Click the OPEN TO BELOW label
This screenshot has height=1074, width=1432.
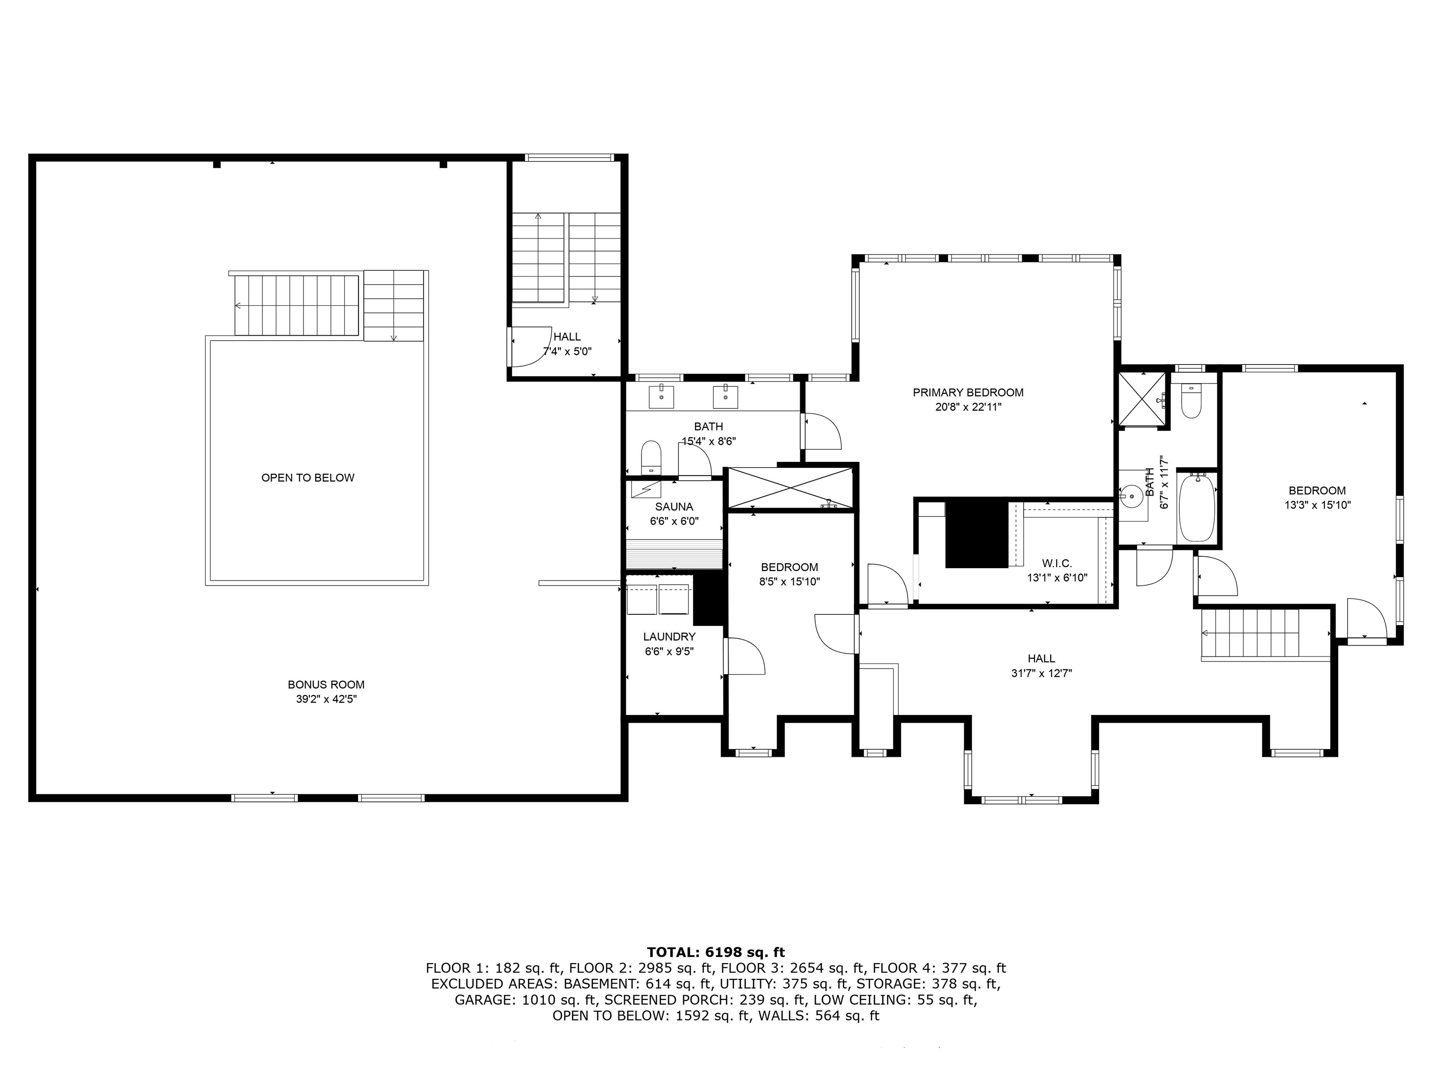[x=308, y=478]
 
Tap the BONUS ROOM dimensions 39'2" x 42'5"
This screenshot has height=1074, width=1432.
[x=326, y=699]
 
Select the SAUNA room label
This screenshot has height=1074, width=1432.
[x=674, y=507]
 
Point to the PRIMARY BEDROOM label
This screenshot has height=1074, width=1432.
[x=968, y=392]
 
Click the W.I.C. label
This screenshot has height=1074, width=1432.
[x=1057, y=563]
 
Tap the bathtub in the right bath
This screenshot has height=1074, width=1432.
[x=1197, y=507]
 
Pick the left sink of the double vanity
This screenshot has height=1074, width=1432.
[x=661, y=397]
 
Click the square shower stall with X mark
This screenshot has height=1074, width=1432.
[x=1143, y=399]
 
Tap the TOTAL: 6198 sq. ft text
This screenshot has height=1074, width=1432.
[x=716, y=952]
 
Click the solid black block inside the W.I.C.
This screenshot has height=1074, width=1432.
[x=977, y=532]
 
